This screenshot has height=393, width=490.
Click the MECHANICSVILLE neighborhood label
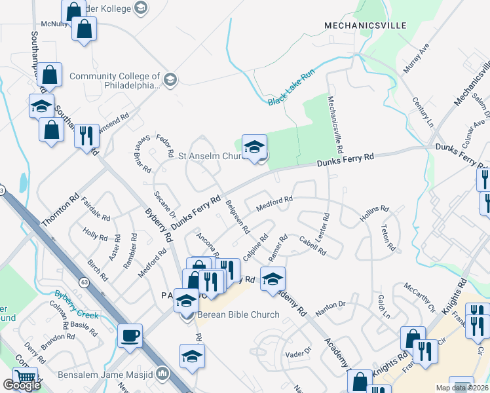366,26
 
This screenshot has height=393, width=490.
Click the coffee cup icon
130,335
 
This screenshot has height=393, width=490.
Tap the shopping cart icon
25,378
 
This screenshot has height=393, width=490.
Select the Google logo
22,385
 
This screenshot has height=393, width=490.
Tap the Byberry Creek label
77,295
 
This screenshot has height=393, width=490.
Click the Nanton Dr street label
330,305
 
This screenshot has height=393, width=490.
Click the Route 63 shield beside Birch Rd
85,282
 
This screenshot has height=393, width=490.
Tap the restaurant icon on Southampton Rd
86,136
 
